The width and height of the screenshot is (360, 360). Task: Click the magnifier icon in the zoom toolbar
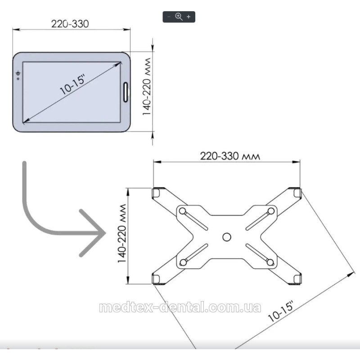[179, 17]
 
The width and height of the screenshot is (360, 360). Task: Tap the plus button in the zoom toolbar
[189, 17]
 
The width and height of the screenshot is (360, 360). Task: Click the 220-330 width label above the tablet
[70, 24]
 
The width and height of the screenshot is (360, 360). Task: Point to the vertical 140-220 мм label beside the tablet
[147, 86]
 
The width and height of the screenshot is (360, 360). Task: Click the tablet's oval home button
[126, 92]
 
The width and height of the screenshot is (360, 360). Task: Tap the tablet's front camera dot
[18, 79]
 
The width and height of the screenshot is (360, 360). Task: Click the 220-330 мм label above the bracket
[230, 156]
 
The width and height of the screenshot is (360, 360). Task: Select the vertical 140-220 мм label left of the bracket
[122, 234]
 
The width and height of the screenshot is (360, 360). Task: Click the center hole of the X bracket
[227, 237]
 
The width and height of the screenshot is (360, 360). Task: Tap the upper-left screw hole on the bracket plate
[183, 211]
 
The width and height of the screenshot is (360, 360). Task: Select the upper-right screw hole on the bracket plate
[271, 211]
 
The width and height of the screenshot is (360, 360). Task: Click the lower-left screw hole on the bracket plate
[183, 262]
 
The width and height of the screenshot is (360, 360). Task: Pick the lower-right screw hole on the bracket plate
[270, 262]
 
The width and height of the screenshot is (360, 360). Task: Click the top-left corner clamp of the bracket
[156, 193]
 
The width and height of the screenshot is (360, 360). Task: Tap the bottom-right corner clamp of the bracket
[297, 279]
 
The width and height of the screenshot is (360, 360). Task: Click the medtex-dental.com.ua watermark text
[180, 308]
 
